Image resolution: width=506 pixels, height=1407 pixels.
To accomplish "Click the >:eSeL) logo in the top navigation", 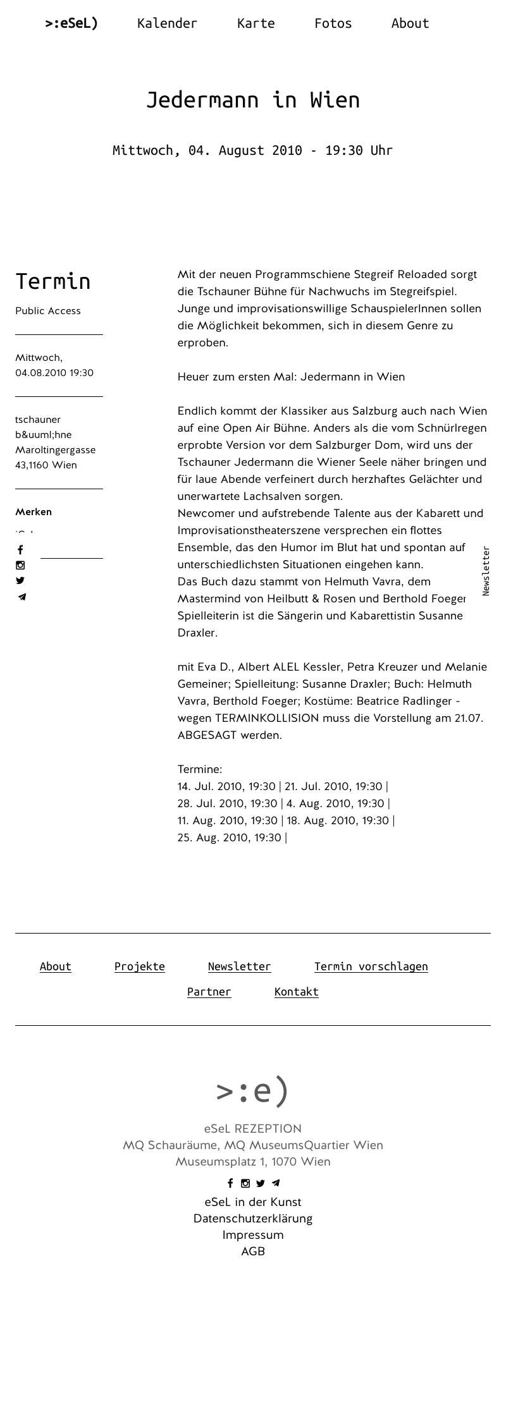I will point(71,23).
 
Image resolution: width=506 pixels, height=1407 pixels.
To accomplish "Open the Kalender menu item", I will point(167,23).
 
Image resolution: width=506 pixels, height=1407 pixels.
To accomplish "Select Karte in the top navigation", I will point(256,23).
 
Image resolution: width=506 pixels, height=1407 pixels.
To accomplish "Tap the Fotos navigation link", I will point(333,23).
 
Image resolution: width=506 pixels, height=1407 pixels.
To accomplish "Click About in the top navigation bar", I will point(410,23).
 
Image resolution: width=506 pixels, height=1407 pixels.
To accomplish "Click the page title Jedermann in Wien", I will point(253,100).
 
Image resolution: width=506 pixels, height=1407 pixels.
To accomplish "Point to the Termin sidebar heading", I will point(53,281).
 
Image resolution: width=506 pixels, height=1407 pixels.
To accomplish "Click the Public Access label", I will point(48,311).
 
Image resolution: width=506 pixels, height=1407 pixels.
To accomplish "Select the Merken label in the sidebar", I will point(34,512).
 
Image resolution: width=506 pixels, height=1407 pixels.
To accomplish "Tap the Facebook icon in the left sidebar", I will point(20,550).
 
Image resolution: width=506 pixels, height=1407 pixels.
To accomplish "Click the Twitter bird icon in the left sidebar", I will point(20,581).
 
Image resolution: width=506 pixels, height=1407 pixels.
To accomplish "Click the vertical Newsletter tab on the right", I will point(486,571).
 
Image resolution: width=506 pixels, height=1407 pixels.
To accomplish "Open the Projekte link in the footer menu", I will point(140,966).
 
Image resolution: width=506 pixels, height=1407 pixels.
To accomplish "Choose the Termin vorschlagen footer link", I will point(371,966).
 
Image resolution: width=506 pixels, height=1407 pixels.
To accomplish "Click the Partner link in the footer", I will point(209,992).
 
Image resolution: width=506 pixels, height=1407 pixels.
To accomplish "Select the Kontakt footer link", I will point(296,992).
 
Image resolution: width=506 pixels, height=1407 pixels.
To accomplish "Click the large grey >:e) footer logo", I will point(253,1090).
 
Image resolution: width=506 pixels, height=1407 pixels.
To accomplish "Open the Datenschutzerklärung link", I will point(253,1219).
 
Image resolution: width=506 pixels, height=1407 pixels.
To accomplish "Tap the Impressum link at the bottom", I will point(253,1235).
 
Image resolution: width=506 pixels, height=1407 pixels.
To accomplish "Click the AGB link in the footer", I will point(253,1252).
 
